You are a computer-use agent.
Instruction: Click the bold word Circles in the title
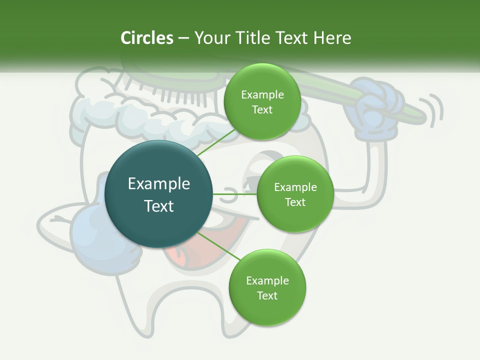[146, 38]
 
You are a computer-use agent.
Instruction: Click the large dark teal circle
[159, 194]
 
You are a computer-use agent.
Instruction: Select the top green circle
[262, 102]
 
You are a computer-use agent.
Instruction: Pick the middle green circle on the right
[295, 194]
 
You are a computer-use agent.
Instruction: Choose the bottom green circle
[267, 288]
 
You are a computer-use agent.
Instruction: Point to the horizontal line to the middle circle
[235, 194]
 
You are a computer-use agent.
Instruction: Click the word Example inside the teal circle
[159, 183]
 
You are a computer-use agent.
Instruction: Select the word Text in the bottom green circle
[267, 295]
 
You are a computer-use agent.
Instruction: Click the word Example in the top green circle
[262, 94]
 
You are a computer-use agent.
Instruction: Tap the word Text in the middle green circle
[295, 202]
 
